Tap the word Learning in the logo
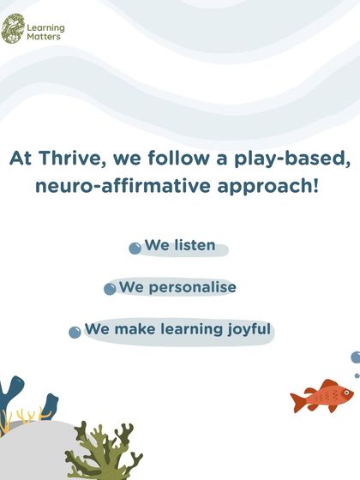coord(45,27)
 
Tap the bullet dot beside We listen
coord(135,249)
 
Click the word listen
coord(193,246)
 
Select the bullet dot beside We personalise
coord(110,290)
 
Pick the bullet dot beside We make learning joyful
coord(75,332)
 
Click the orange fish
coord(324,397)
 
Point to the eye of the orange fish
coord(345,394)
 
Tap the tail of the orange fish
coord(298,399)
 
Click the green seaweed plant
coord(107,450)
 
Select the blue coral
coord(10,399)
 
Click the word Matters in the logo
coord(44,37)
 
